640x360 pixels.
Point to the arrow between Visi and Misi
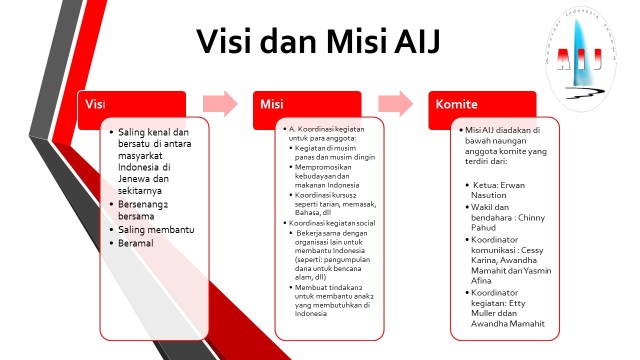tap(219, 104)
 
